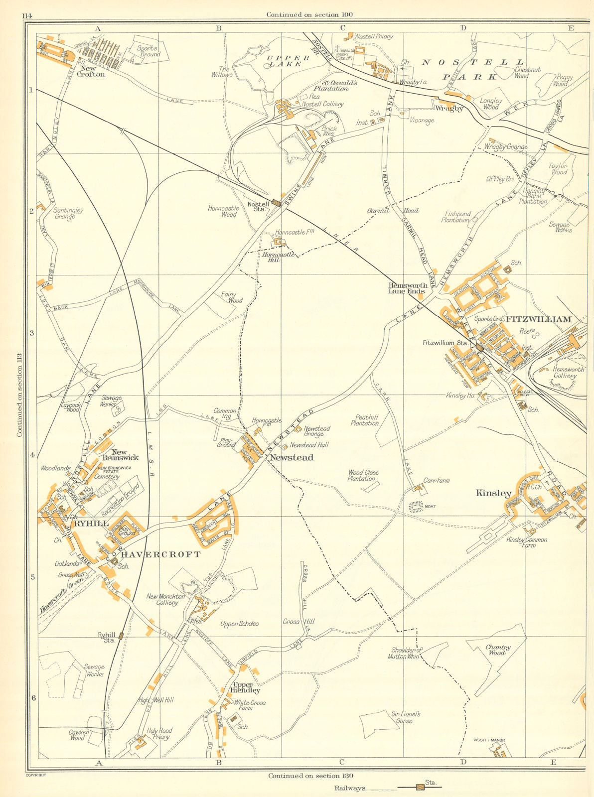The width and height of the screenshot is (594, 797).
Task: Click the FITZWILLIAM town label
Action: (539, 319)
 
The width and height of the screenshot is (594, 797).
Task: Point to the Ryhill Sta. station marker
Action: (121, 636)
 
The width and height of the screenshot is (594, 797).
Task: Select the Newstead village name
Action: (292, 457)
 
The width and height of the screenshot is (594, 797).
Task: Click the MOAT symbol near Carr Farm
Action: (415, 507)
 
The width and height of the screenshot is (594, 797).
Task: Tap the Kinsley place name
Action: (493, 493)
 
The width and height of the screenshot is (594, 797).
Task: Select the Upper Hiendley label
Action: (246, 688)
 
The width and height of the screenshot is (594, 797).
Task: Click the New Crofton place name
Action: (91, 71)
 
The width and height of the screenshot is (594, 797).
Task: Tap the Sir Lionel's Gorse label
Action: (406, 717)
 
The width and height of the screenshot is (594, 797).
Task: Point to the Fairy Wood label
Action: (232, 297)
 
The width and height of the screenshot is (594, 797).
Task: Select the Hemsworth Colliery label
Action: (568, 373)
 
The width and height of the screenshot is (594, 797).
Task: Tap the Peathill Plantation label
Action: (364, 420)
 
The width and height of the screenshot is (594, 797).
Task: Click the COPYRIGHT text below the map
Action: (35, 775)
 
